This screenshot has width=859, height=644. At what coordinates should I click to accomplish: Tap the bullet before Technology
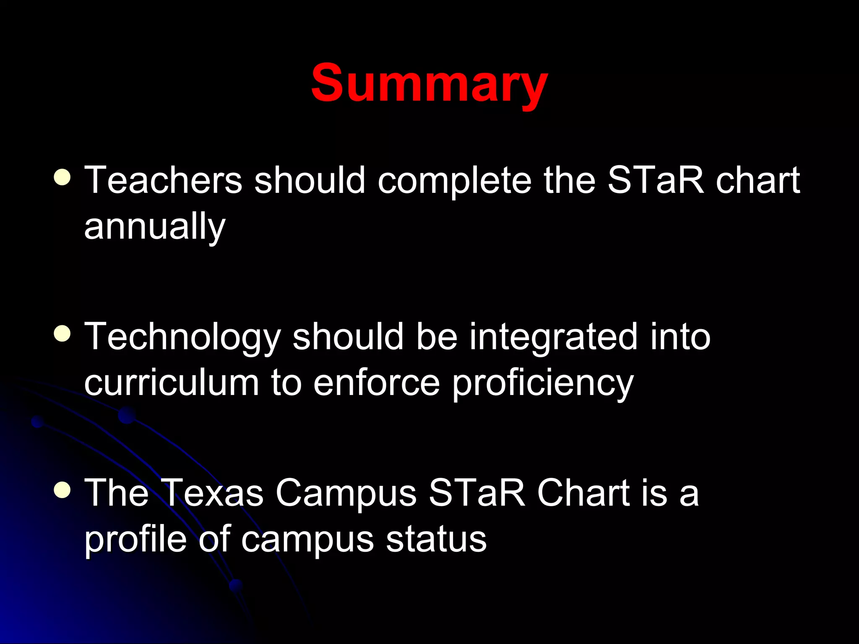pos(62,334)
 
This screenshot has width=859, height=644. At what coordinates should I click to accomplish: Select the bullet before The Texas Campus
pos(62,490)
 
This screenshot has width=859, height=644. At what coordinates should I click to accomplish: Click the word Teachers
pos(163,180)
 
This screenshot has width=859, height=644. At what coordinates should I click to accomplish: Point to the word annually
pos(155,228)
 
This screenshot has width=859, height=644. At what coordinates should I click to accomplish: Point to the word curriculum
pos(172,383)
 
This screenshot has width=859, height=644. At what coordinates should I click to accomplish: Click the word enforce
pos(376,383)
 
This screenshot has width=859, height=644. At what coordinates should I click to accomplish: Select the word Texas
pos(213,493)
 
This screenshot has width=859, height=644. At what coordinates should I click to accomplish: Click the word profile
pos(135,540)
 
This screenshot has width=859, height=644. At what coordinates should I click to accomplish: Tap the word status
pos(436,540)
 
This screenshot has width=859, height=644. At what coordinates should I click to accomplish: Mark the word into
pos(680,337)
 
